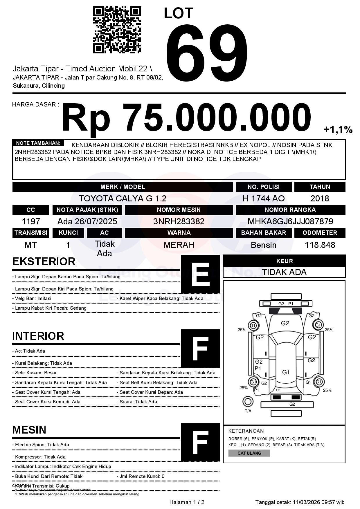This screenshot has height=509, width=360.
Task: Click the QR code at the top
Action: (117, 30)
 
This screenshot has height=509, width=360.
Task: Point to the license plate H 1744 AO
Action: (263, 198)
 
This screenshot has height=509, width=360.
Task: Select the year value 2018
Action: (320, 198)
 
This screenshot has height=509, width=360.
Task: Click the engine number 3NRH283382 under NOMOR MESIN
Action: (179, 221)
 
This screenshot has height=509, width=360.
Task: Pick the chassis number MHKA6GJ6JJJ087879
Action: (290, 221)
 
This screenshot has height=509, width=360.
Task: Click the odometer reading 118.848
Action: (320, 245)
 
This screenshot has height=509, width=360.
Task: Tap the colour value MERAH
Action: (179, 245)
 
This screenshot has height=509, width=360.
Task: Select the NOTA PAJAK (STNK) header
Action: (87, 210)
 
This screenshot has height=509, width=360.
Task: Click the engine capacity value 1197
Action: (31, 221)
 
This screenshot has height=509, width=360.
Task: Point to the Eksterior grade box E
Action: (200, 274)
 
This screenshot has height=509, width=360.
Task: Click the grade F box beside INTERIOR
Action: (200, 349)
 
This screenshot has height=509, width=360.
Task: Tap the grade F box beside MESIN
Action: (200, 442)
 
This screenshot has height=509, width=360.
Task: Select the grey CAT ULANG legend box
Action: (249, 453)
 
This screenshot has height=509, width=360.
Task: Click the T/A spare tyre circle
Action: (248, 402)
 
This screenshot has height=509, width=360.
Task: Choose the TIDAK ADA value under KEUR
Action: (284, 272)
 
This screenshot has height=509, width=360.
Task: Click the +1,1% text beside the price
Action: (338, 130)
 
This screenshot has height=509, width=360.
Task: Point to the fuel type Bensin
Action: (263, 245)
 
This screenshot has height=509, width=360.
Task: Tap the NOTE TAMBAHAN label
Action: (38, 143)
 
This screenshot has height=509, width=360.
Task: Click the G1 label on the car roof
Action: (286, 372)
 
